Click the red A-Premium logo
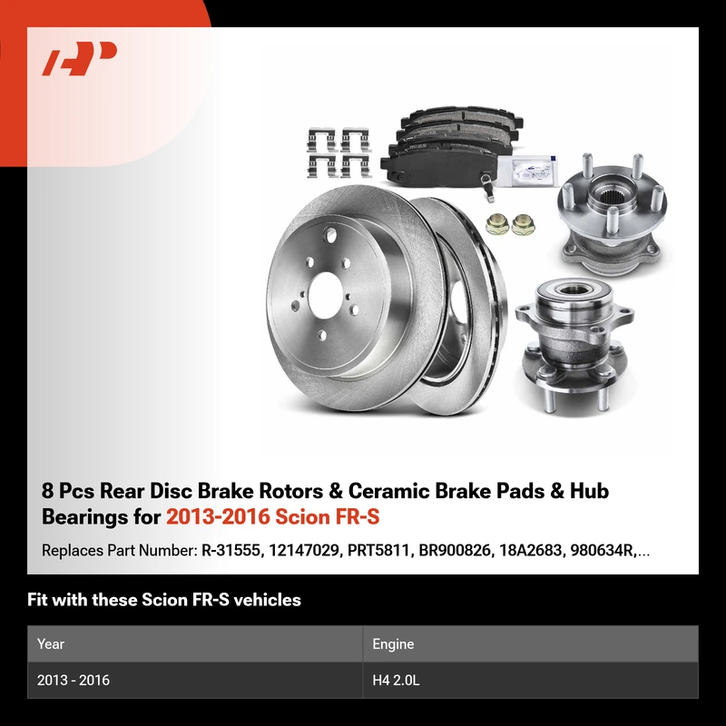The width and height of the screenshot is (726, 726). [x=79, y=58]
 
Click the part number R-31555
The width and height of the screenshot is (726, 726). [x=231, y=551]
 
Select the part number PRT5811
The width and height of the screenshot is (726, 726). [x=378, y=551]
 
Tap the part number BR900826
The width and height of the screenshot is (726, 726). [x=455, y=551]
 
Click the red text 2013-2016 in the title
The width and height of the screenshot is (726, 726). [x=218, y=516]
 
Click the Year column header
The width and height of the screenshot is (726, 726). [x=51, y=644]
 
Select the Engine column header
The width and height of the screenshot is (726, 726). [x=393, y=644]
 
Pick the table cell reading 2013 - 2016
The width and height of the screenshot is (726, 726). [x=74, y=680]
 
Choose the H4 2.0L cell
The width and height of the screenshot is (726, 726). [x=396, y=680]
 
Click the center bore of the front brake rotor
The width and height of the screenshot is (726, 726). [x=325, y=296]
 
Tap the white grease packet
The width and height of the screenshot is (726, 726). [x=527, y=171]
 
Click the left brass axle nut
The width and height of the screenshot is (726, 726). [x=497, y=224]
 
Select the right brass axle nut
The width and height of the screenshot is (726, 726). [x=524, y=224]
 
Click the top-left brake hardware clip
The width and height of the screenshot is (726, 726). [x=321, y=140]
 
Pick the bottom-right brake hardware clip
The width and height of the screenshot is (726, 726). [x=355, y=166]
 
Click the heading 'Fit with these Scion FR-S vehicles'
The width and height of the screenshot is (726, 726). [x=164, y=600]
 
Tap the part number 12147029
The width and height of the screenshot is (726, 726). [x=304, y=551]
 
